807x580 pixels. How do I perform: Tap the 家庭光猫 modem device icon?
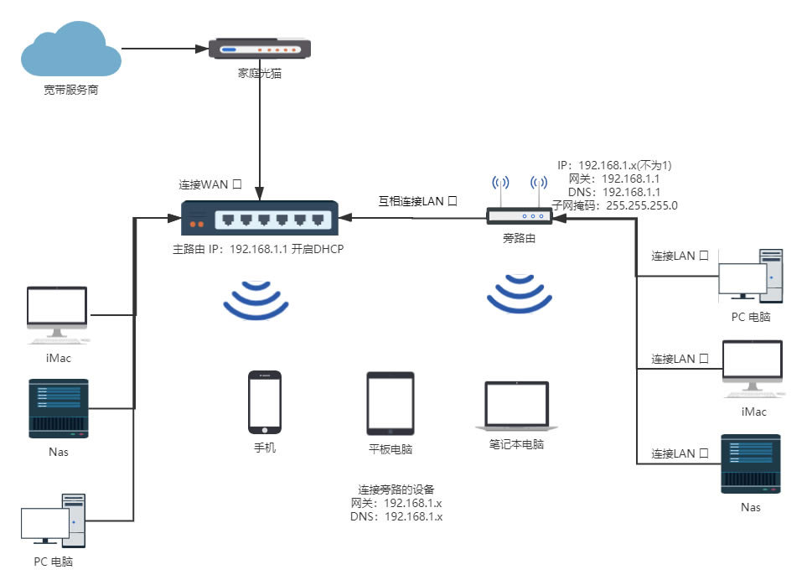[x=259, y=49]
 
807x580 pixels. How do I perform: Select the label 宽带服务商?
[x=71, y=89]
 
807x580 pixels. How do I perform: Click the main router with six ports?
[x=261, y=220]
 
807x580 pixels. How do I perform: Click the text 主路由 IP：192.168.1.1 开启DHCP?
[x=258, y=249]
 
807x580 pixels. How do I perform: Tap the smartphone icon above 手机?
[x=264, y=403]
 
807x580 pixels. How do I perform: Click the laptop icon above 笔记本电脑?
[x=517, y=407]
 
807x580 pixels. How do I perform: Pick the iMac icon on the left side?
[x=57, y=315]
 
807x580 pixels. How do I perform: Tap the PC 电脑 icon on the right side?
[x=752, y=276]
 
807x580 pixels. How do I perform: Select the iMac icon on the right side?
[x=752, y=369]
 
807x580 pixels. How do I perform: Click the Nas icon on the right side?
[x=751, y=463]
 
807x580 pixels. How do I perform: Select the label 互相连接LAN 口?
[x=417, y=201]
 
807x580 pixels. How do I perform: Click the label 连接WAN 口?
[x=210, y=184]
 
